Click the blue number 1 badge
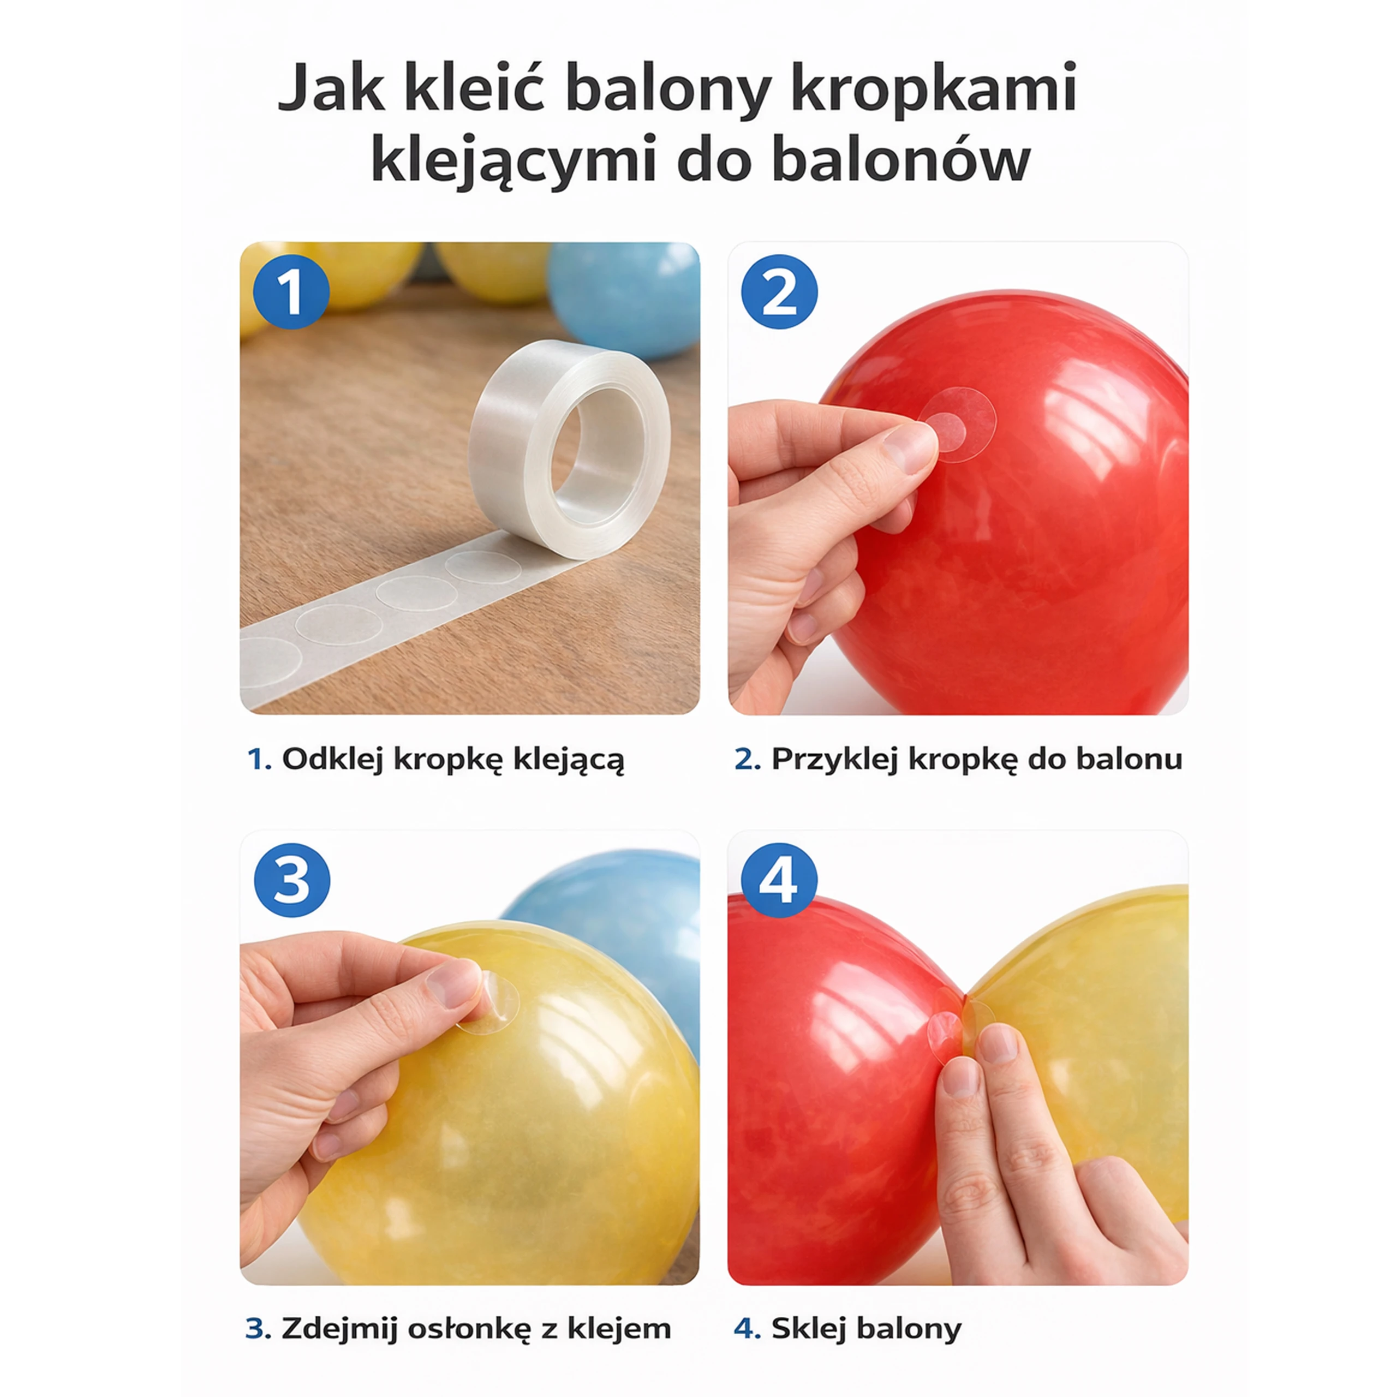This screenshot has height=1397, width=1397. (291, 291)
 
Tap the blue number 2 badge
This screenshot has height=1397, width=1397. (779, 291)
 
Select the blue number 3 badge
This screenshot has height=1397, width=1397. (292, 881)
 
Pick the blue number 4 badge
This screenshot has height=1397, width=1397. (779, 881)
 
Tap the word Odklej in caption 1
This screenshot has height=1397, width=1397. (332, 759)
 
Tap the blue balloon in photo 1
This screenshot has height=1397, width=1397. (623, 298)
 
